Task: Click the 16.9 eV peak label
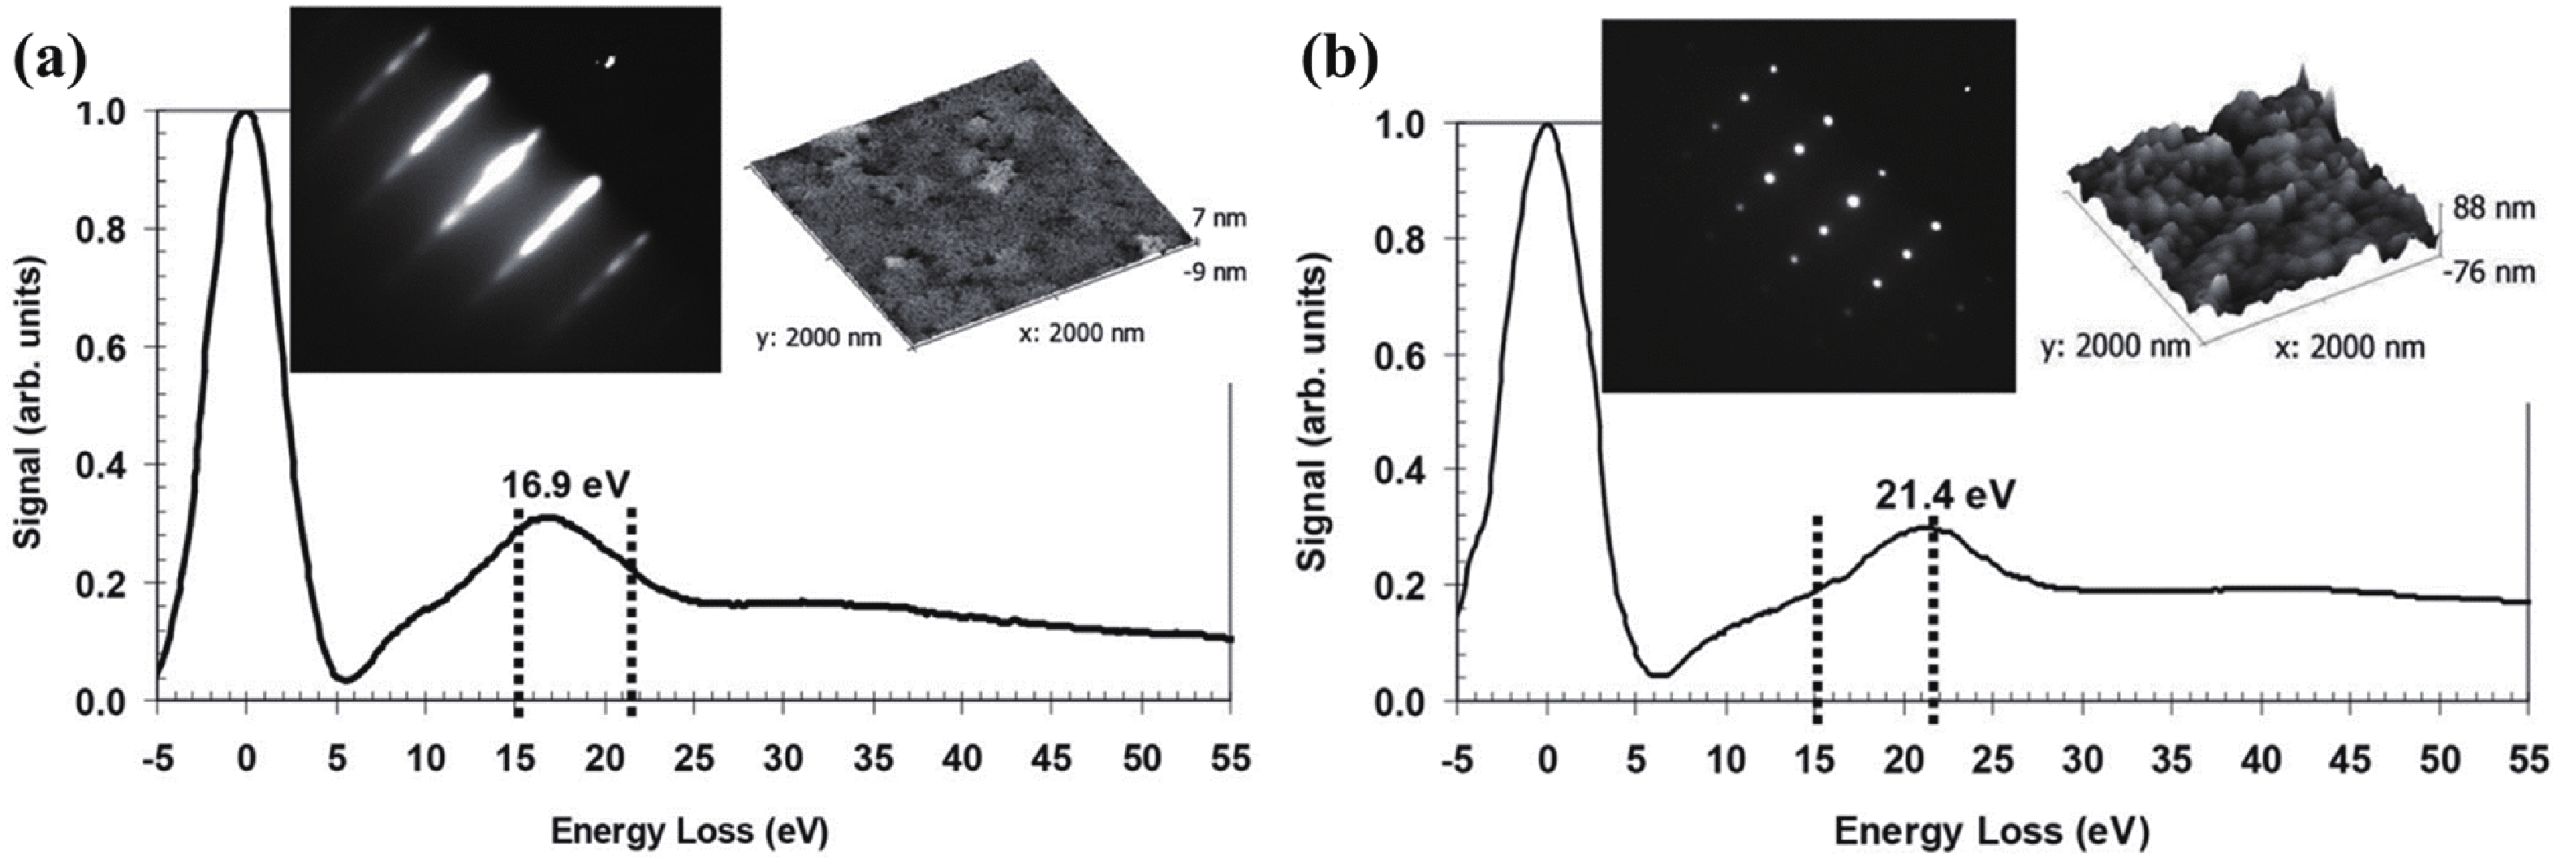coord(566,487)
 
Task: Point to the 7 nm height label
coord(1217,218)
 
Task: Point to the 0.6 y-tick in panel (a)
coord(102,347)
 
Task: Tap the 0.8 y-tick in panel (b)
coord(1403,239)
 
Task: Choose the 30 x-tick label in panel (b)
coord(2084,761)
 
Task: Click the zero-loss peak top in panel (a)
coord(246,112)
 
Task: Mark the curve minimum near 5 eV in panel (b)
coord(1656,675)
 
